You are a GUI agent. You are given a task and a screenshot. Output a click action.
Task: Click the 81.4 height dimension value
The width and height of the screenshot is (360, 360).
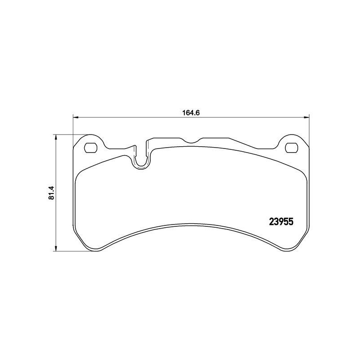pos(51,193)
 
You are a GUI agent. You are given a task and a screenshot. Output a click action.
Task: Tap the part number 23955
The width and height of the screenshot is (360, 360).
pos(281,222)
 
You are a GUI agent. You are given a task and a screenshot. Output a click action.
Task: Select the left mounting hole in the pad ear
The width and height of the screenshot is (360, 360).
pos(91,148)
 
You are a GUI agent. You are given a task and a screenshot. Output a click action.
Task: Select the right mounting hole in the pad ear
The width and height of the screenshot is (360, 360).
pos(292,148)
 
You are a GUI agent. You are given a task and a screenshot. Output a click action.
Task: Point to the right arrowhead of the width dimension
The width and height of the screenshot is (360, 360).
pos(306,117)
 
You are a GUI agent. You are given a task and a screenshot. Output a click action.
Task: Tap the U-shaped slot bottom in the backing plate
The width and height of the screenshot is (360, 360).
pos(140,166)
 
